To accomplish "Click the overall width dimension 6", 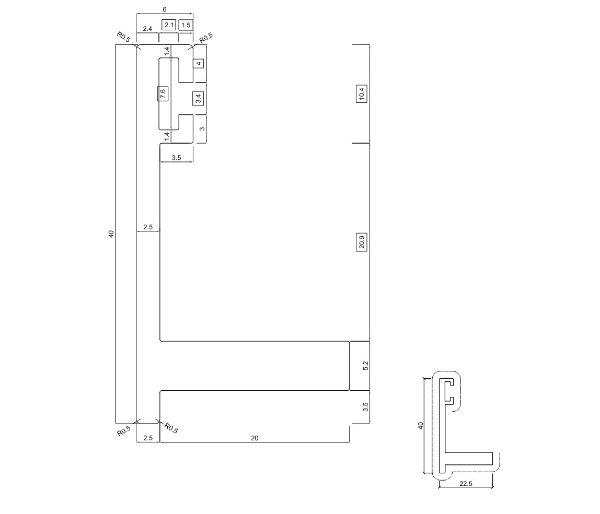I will point(165,9).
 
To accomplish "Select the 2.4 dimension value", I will point(147,29).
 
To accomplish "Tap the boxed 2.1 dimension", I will point(169,25).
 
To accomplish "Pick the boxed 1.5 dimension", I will point(186,25).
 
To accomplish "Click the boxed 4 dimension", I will point(198,64).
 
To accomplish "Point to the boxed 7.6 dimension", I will point(163,94).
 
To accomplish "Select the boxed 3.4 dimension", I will point(198,98).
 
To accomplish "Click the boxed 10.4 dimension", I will point(362,94).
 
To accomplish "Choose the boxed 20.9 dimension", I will point(362,243).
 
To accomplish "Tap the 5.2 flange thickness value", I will point(366,366).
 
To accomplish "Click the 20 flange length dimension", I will point(255,438).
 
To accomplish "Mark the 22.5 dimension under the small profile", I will point(465,484).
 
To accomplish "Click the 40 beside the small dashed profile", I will point(420,426).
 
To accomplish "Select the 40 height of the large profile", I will point(111,233).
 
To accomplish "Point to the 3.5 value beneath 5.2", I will point(366,406).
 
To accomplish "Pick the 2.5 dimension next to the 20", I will point(147,438).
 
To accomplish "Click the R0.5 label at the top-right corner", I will point(206,38).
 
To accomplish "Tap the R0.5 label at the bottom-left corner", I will point(123,431).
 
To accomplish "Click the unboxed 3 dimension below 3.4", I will point(202,128).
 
